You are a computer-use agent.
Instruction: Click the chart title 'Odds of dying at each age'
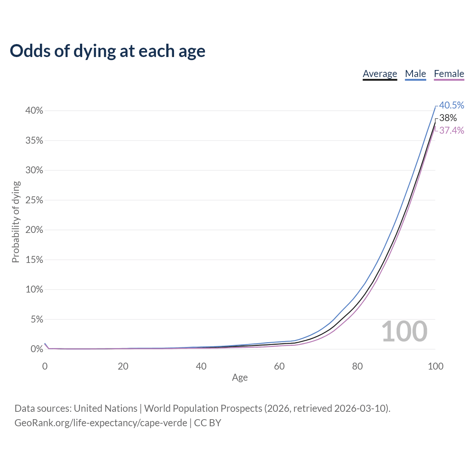click(107, 51)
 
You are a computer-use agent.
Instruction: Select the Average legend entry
click(380, 74)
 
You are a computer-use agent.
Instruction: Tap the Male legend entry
click(415, 74)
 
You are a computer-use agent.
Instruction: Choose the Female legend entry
click(449, 74)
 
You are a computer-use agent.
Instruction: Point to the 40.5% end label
click(451, 105)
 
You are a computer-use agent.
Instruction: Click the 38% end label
click(448, 118)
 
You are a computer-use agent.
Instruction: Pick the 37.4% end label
click(451, 130)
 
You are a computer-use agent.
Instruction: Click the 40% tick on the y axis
click(34, 111)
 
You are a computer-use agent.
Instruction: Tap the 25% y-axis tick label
click(34, 200)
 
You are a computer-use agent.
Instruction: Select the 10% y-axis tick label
click(34, 290)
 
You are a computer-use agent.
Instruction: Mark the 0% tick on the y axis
click(37, 349)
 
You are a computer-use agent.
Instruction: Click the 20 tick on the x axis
click(123, 366)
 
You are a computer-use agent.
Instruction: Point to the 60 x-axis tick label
click(279, 366)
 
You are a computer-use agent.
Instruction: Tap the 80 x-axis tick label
click(357, 366)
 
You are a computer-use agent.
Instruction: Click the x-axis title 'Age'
click(240, 377)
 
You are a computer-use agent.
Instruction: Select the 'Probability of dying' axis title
click(16, 222)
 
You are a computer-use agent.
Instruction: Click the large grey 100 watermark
click(404, 331)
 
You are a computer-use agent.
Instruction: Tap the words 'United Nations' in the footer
click(106, 408)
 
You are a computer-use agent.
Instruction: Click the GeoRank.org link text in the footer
click(101, 423)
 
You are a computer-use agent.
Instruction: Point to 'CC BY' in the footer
click(207, 423)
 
